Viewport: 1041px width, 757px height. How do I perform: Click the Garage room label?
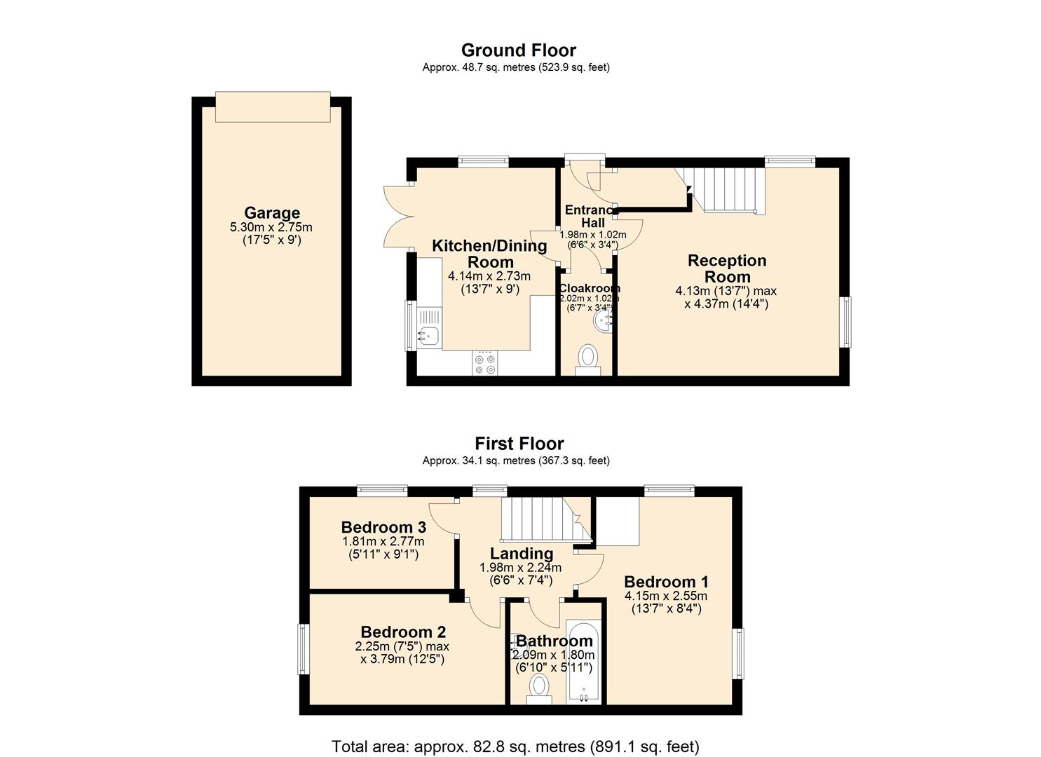tap(271, 212)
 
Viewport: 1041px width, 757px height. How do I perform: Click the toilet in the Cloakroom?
tap(587, 358)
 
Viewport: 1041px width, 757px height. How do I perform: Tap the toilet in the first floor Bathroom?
tap(539, 686)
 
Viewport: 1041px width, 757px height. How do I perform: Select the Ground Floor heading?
tap(518, 50)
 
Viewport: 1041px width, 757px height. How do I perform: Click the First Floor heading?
tap(519, 443)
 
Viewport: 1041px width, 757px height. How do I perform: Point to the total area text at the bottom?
tap(515, 746)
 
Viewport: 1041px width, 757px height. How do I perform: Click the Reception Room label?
tap(727, 268)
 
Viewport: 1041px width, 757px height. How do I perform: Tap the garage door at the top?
tap(272, 107)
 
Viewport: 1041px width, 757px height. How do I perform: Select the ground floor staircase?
tap(726, 189)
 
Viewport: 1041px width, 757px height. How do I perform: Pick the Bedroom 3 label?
tap(383, 527)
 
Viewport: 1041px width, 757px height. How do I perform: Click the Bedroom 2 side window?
tap(304, 649)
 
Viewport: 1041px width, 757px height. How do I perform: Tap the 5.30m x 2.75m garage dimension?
tap(271, 227)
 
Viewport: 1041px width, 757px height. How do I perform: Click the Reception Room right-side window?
tap(846, 322)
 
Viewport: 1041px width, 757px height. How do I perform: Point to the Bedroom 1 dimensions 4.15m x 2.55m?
tap(666, 596)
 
